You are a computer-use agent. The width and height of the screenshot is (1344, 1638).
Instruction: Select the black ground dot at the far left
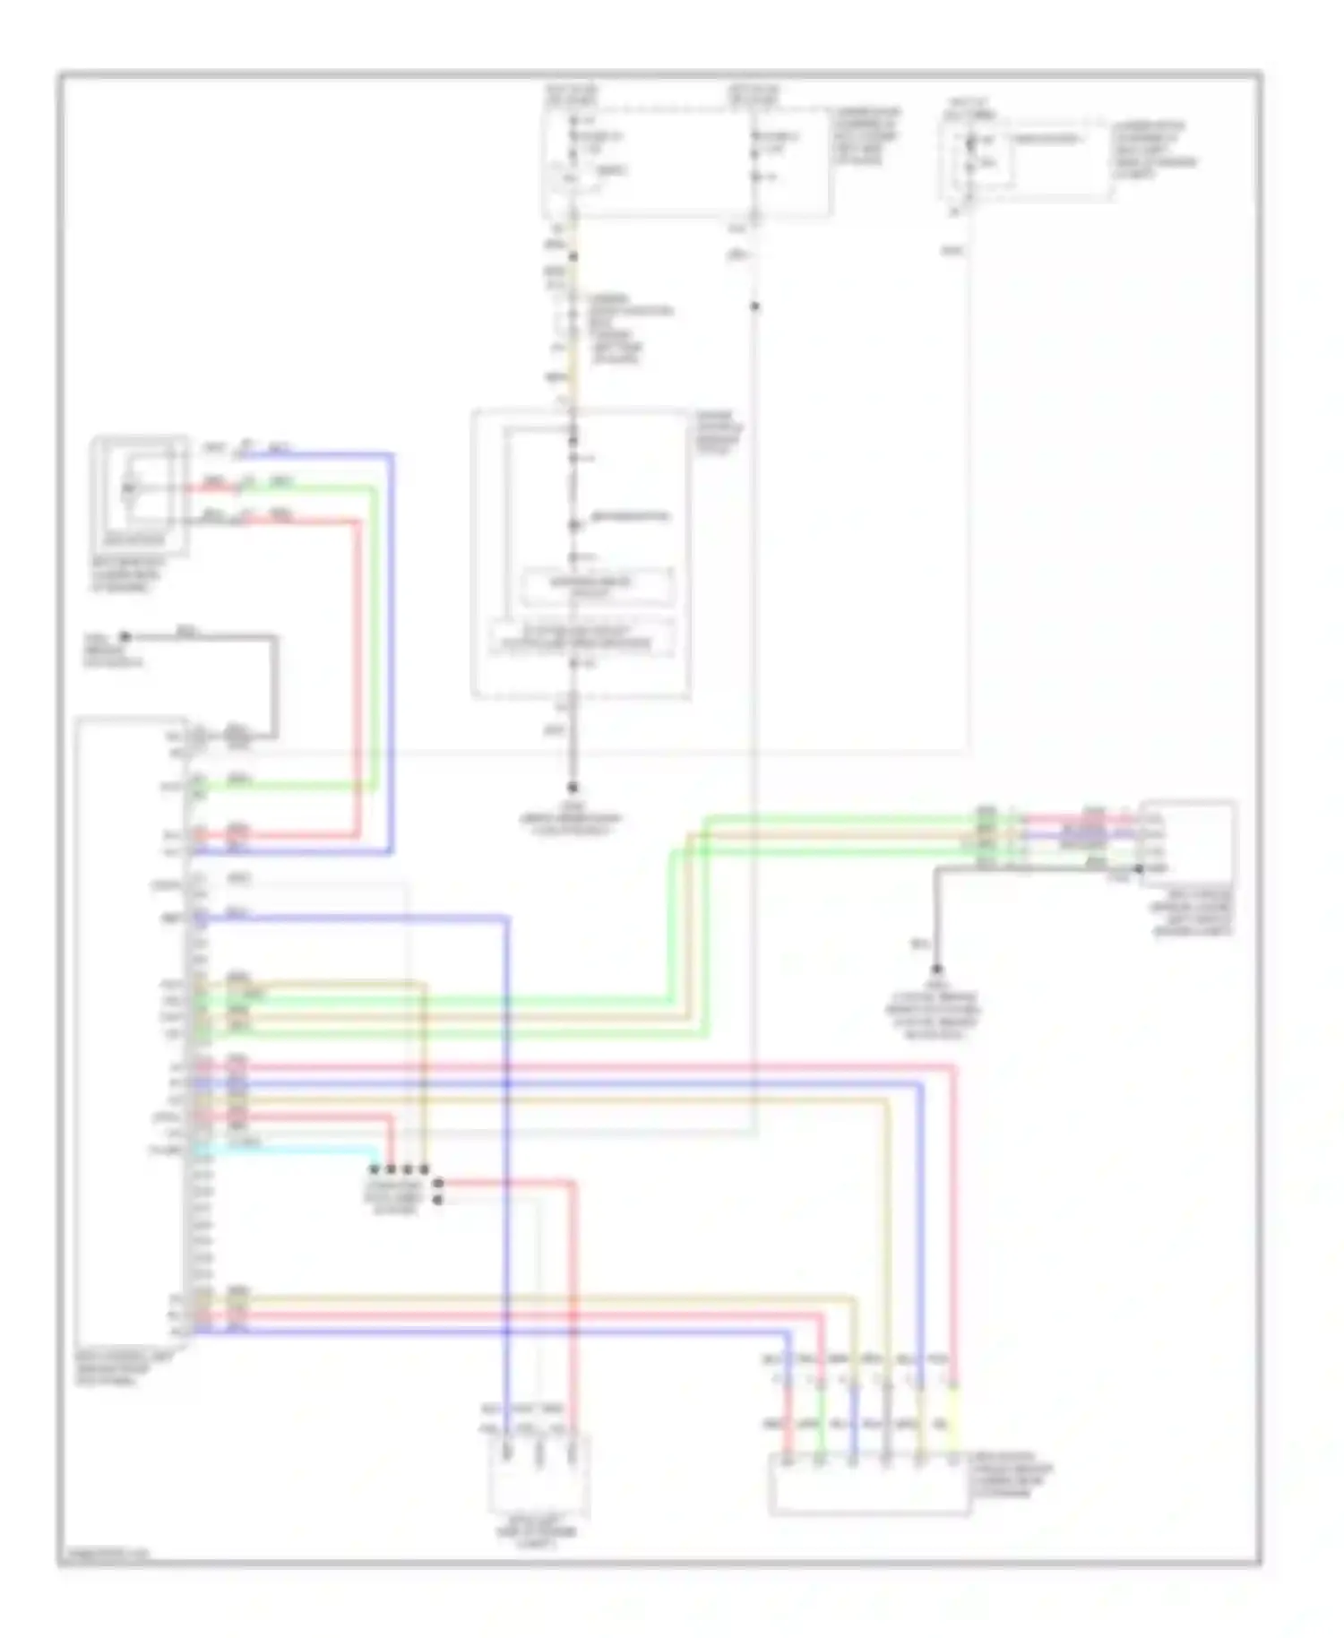[x=125, y=637]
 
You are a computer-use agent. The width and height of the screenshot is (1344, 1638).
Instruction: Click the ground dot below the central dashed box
[x=573, y=787]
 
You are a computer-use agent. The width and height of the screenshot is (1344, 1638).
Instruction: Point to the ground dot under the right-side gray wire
[x=936, y=970]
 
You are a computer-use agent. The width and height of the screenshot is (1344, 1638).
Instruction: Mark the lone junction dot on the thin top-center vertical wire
[x=755, y=306]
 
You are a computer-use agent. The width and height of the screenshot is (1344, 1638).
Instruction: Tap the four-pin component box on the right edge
[x=1187, y=842]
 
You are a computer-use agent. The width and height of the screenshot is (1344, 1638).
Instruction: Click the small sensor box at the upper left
[x=140, y=494]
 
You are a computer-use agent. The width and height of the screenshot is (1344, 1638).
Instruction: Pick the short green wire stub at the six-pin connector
[x=821, y=1434]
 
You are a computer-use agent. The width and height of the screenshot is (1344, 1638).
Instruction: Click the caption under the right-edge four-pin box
[x=1193, y=913]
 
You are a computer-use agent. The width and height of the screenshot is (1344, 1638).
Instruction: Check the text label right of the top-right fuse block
[x=1156, y=149]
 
